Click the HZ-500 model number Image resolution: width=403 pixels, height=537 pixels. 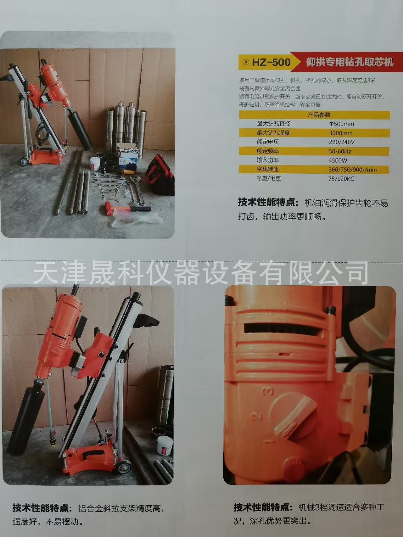[271, 62]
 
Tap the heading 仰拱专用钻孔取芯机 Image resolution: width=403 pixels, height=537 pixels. [350, 62]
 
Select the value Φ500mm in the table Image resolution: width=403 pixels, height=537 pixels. [341, 124]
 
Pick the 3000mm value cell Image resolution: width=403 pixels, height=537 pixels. [341, 133]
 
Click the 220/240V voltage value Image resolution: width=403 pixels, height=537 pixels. [341, 142]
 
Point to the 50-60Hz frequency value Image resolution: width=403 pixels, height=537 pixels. [340, 151]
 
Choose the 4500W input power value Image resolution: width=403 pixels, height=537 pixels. [338, 160]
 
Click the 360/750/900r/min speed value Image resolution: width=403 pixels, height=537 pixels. [352, 170]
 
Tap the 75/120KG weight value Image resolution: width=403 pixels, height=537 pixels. [341, 179]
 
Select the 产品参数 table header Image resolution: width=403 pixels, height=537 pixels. [319, 115]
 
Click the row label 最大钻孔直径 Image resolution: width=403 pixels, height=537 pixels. [274, 124]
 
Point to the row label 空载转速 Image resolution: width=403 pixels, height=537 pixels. [268, 169]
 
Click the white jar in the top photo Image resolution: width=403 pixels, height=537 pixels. [95, 163]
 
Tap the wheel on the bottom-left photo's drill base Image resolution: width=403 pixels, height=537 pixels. [124, 467]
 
